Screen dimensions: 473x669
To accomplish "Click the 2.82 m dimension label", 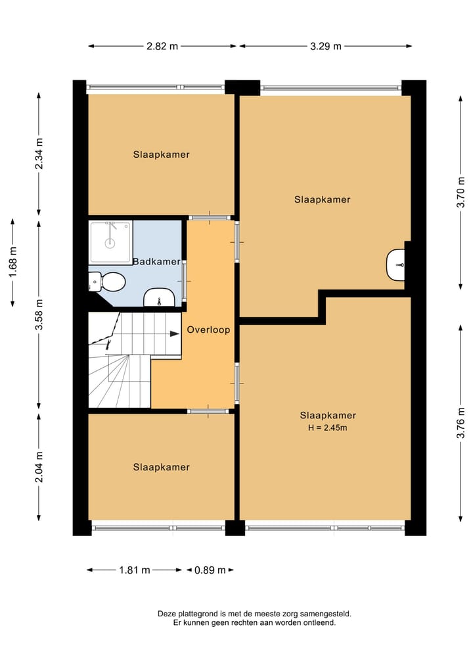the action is tap(162, 46).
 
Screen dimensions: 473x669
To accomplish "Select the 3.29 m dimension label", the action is tap(326, 46).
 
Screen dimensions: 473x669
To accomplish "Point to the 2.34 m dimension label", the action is tap(39, 153).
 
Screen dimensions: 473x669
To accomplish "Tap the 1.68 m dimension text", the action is tap(12, 262).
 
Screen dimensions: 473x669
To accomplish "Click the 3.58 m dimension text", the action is tap(39, 314).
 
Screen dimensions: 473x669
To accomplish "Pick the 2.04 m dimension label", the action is tap(39, 467).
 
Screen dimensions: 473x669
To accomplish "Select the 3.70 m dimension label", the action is tap(461, 192).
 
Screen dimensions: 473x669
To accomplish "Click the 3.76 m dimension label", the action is tap(461, 423).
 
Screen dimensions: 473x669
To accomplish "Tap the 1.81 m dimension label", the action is tap(134, 570).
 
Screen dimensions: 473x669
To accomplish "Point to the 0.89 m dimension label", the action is tap(210, 570).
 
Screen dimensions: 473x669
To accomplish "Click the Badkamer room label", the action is tap(156, 262).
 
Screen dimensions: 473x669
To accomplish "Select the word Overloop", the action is tap(208, 330).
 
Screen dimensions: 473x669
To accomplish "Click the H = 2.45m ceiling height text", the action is tap(327, 428).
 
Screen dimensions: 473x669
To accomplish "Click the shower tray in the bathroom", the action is tap(110, 242).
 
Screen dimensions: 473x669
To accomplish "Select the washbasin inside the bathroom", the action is tap(158, 298).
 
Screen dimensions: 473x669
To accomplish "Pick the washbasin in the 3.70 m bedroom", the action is tap(395, 265).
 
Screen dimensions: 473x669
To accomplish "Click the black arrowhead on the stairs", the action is tap(174, 334).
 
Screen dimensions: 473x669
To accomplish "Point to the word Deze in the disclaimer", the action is tap(167, 614).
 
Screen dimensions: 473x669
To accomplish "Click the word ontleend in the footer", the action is tap(319, 622).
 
